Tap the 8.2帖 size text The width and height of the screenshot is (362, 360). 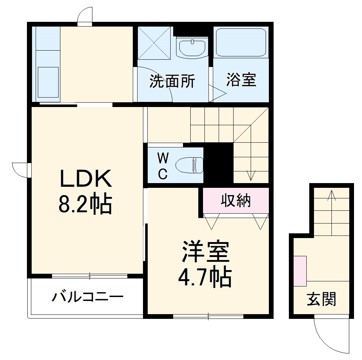(x=85, y=205)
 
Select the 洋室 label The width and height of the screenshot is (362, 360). (x=206, y=252)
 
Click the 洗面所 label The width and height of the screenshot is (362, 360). (x=172, y=81)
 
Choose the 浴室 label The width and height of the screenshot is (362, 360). (x=241, y=80)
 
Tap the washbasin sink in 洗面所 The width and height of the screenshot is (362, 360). (x=192, y=47)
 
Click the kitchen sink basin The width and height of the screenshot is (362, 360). (x=48, y=83)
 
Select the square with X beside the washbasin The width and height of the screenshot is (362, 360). (x=155, y=43)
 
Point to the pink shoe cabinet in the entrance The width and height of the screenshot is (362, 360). (x=301, y=271)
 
